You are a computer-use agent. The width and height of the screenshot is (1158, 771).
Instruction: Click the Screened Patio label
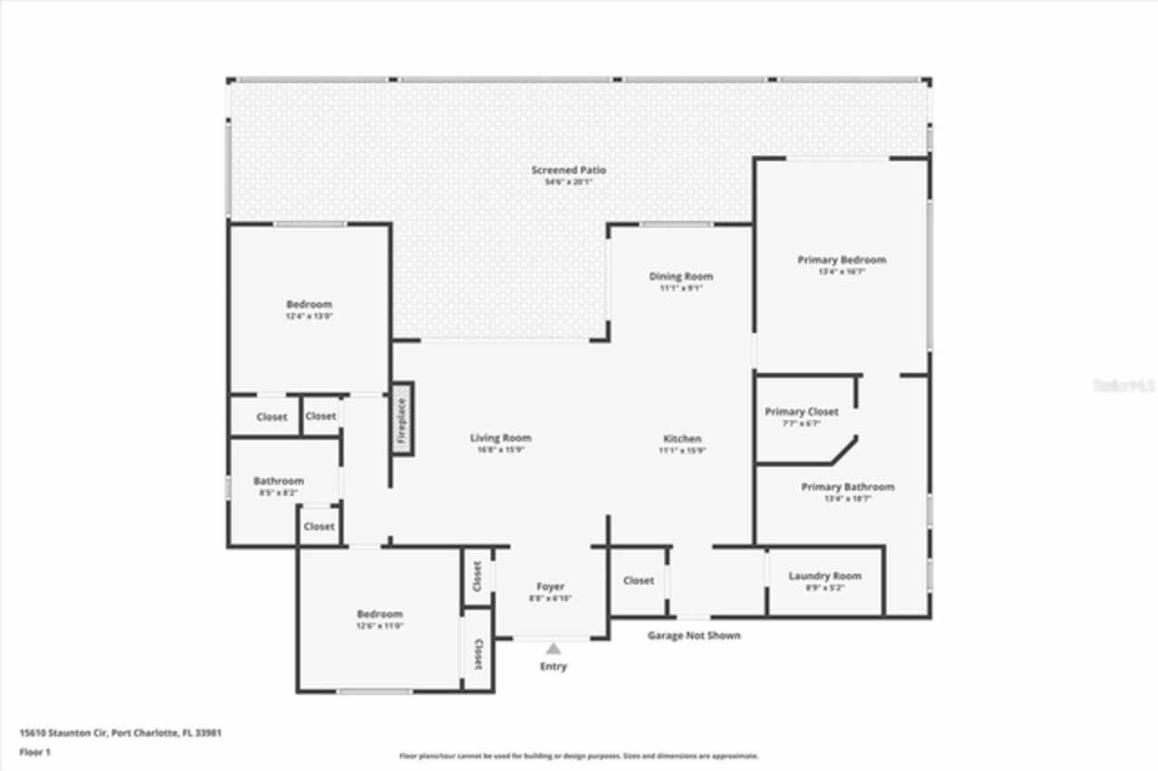[568, 170]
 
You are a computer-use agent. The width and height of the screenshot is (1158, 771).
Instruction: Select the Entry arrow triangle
[553, 648]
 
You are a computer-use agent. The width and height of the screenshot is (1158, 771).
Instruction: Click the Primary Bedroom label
[841, 260]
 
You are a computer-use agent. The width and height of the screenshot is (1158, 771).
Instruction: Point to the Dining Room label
[680, 277]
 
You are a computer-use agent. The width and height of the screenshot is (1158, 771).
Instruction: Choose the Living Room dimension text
[500, 449]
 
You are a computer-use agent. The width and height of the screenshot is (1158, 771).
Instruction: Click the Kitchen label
[681, 439]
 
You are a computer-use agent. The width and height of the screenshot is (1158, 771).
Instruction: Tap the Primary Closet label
[802, 412]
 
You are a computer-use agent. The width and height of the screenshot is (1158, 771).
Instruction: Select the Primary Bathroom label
[847, 487]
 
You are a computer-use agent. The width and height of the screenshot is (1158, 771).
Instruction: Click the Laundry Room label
[824, 576]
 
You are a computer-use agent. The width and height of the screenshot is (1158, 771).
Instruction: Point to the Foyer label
[550, 587]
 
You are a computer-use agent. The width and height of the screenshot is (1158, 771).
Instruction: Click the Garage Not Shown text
[693, 635]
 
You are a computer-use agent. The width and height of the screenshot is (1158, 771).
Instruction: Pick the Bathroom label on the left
[279, 481]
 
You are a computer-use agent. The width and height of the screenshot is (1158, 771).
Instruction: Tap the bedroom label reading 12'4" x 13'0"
[309, 316]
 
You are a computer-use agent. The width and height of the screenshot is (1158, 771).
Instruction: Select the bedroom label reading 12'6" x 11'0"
[379, 625]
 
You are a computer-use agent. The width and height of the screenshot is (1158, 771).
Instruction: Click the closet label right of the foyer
[638, 581]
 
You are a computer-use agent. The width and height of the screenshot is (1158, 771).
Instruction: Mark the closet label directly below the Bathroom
[318, 527]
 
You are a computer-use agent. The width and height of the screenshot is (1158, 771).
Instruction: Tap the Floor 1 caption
[35, 751]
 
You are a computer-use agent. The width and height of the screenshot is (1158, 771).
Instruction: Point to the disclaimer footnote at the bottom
[579, 756]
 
